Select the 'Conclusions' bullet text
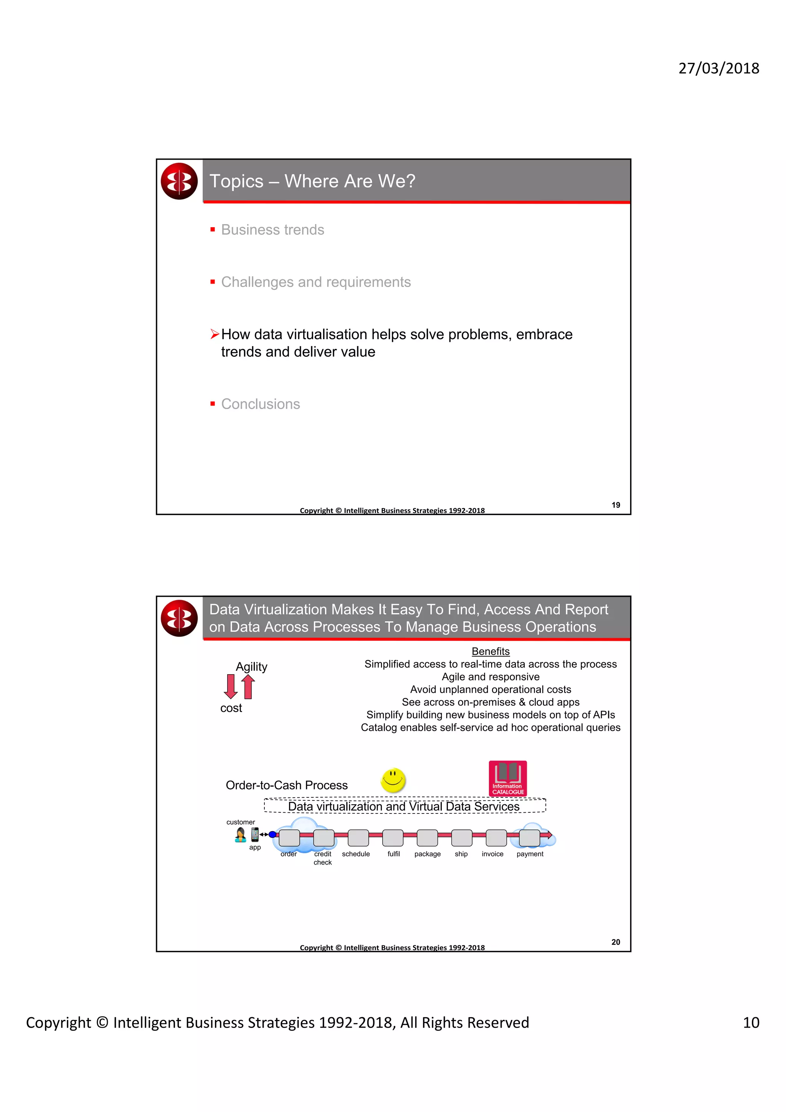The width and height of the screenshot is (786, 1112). click(x=260, y=404)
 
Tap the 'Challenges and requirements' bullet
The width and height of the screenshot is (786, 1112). click(x=316, y=282)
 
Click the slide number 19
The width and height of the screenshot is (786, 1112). click(x=616, y=505)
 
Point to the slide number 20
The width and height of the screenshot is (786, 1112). click(x=616, y=942)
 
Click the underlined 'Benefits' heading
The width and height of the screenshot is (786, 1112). click(x=490, y=652)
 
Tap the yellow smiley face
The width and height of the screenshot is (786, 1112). click(x=393, y=780)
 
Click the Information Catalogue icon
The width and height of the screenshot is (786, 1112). click(x=507, y=778)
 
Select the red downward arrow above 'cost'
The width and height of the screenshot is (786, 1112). click(x=231, y=686)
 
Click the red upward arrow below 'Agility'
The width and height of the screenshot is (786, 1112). click(x=248, y=687)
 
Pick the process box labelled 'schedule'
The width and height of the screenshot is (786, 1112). click(x=358, y=837)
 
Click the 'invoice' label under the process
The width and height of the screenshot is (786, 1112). click(x=492, y=854)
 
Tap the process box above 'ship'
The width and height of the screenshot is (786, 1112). click(x=462, y=837)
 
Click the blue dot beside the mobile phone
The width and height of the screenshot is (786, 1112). click(x=272, y=834)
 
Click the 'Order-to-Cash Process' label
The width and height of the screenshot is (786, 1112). click(x=286, y=785)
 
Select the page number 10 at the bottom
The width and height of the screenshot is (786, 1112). click(x=751, y=1022)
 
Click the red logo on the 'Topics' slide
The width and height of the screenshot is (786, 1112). click(x=179, y=181)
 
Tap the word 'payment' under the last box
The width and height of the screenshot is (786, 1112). click(x=529, y=854)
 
